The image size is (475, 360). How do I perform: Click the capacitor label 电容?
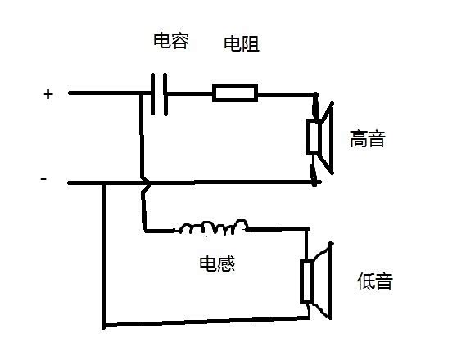click(171, 41)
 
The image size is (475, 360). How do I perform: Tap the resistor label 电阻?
click(242, 44)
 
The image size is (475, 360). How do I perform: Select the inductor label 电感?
click(217, 263)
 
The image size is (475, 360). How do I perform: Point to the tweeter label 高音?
click(368, 139)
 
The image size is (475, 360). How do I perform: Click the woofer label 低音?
click(375, 281)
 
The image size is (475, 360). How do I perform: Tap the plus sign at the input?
click(48, 94)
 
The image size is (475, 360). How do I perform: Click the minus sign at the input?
click(43, 179)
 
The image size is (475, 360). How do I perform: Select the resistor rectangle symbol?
click(235, 93)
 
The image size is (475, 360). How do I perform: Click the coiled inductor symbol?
click(215, 227)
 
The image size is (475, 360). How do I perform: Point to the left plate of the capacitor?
click(153, 94)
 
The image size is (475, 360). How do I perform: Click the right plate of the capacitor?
click(165, 94)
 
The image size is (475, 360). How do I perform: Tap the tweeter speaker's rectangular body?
click(313, 137)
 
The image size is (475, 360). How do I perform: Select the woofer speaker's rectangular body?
click(306, 281)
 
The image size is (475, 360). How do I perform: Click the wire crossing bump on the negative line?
click(147, 183)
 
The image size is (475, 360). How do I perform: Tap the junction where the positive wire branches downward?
click(141, 94)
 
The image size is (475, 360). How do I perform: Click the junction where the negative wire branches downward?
click(103, 183)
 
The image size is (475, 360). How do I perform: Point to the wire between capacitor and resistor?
click(190, 93)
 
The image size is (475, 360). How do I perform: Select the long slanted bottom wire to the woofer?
click(206, 322)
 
